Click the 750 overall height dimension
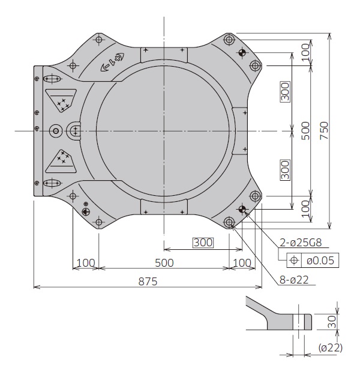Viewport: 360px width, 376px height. (x=325, y=130)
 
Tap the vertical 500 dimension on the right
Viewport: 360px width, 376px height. (x=305, y=130)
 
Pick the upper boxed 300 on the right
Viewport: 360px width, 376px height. (x=285, y=91)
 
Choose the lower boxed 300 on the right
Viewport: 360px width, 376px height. (x=285, y=170)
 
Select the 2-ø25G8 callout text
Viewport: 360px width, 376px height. (x=302, y=243)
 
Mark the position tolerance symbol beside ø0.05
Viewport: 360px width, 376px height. (x=295, y=260)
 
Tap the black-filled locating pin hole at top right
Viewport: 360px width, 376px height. (x=242, y=52)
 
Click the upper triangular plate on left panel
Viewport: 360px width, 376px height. (x=61, y=100)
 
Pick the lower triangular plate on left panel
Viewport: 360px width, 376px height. (x=61, y=159)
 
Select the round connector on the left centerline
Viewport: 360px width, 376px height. (x=56, y=130)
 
